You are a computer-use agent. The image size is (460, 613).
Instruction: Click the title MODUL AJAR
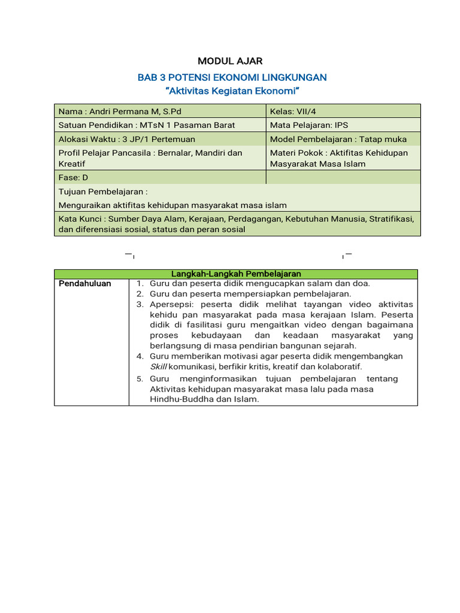[230, 61]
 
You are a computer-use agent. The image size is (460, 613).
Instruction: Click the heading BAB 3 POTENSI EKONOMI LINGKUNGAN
[232, 77]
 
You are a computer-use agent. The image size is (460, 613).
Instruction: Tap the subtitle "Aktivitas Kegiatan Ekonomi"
[232, 91]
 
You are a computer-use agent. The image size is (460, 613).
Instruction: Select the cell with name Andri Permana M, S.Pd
[159, 111]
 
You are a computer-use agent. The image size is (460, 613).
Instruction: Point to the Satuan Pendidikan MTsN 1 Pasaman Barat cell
[159, 125]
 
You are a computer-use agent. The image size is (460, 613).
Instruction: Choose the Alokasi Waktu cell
[159, 139]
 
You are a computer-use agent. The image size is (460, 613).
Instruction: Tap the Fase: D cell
[159, 177]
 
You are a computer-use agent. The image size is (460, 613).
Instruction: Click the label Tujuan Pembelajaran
[102, 192]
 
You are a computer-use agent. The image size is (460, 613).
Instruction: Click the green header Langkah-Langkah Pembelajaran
[236, 274]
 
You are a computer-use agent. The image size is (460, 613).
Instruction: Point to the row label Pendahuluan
[84, 284]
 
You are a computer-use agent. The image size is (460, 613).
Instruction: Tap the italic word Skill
[159, 366]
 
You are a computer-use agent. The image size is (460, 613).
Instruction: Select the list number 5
[139, 379]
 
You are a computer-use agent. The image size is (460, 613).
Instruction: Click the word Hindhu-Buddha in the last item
[178, 399]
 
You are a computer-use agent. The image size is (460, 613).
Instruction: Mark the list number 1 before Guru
[138, 284]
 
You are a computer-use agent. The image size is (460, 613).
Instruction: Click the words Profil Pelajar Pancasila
[105, 153]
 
